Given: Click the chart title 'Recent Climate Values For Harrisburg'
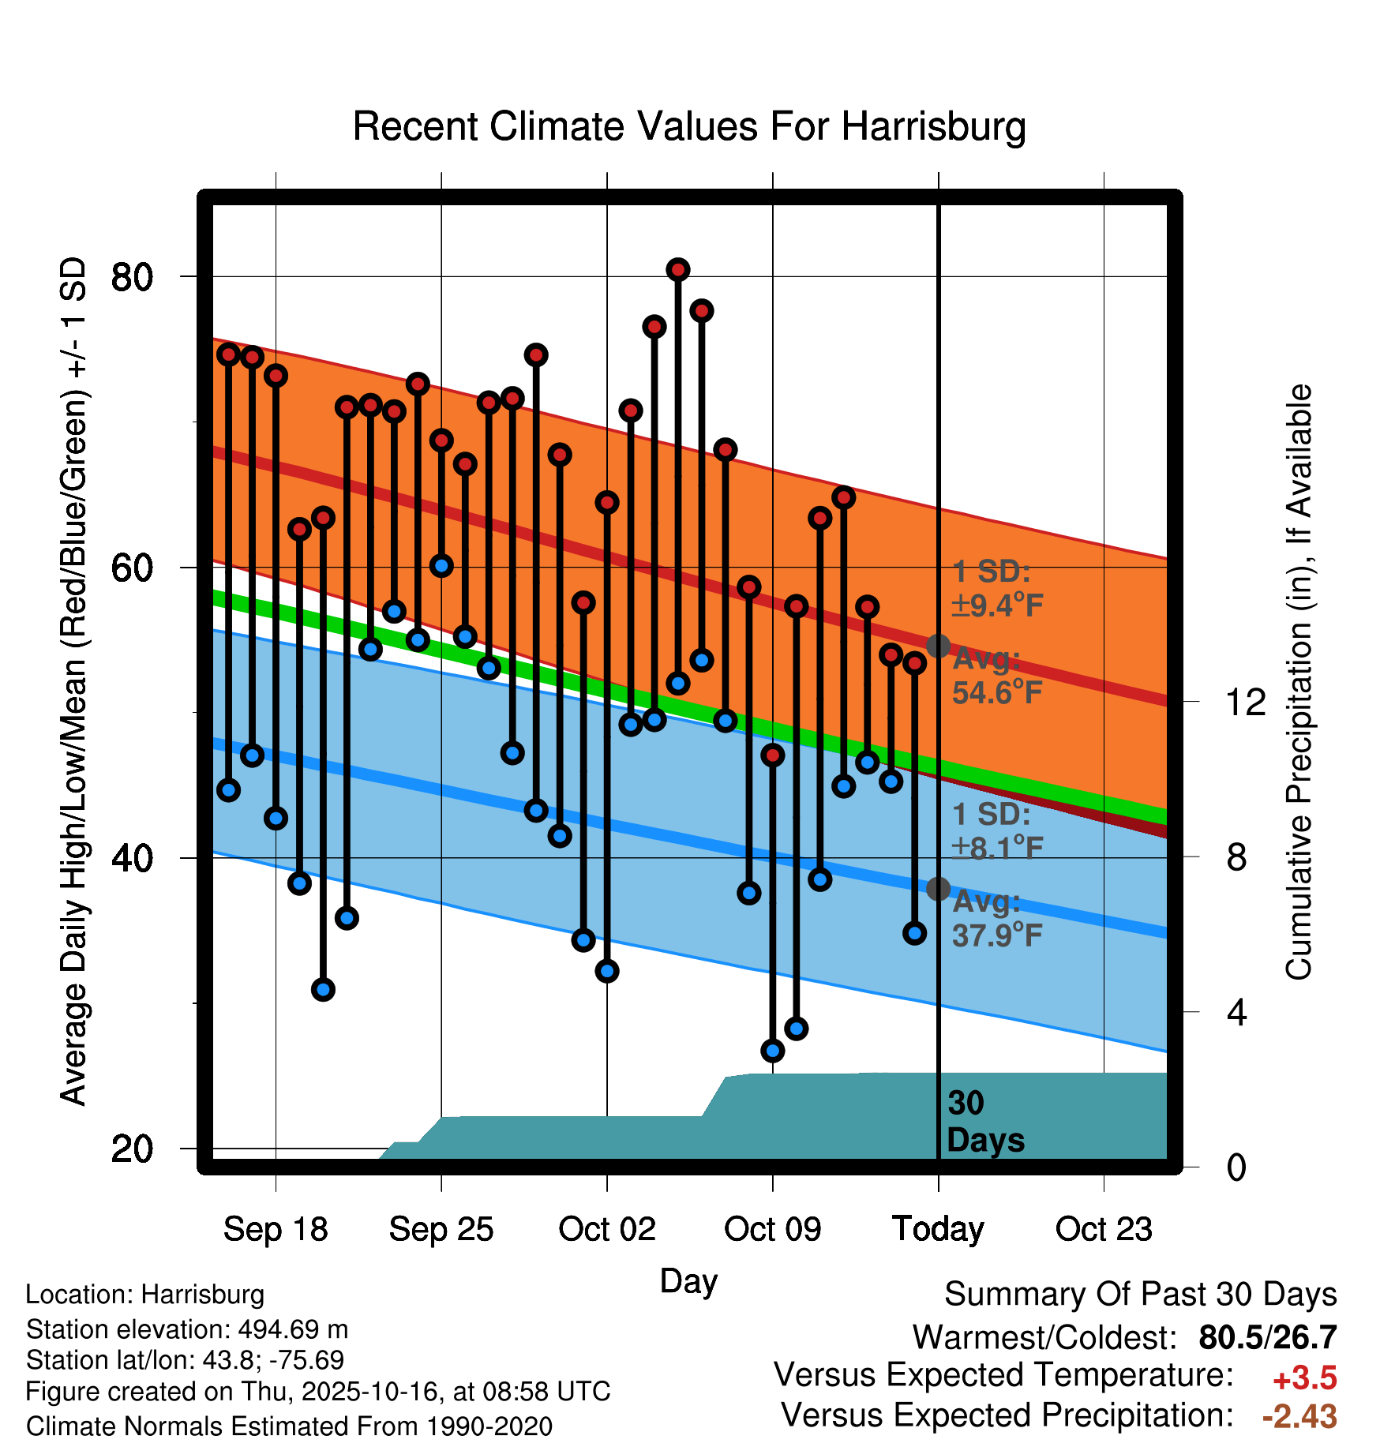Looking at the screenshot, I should [689, 127].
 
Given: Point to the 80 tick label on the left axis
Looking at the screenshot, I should [133, 277].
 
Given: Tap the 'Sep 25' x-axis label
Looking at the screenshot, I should [441, 1229].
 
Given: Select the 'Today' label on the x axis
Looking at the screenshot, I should [938, 1229].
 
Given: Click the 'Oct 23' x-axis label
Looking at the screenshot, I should [1104, 1229].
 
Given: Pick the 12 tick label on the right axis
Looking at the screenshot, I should [1245, 702].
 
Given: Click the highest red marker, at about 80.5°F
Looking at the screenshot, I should [678, 270].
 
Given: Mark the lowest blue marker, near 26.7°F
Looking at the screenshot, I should [773, 1051].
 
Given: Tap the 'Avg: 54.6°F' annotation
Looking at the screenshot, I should [996, 676].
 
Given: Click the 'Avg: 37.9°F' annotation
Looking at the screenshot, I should [996, 918].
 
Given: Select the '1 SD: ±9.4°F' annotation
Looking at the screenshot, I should [996, 589].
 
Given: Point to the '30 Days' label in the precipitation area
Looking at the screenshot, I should [984, 1122].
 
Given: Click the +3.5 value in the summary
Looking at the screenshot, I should [1304, 1378].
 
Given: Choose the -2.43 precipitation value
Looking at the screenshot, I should [1299, 1416].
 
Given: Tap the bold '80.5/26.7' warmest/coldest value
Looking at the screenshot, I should [1267, 1337].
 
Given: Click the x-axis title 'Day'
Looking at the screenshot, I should [688, 1280].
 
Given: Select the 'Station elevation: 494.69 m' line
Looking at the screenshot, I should [187, 1329].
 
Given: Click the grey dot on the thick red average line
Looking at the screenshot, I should [938, 646].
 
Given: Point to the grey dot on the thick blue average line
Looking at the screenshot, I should [938, 889].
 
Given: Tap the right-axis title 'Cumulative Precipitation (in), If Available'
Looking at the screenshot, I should [1299, 682].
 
